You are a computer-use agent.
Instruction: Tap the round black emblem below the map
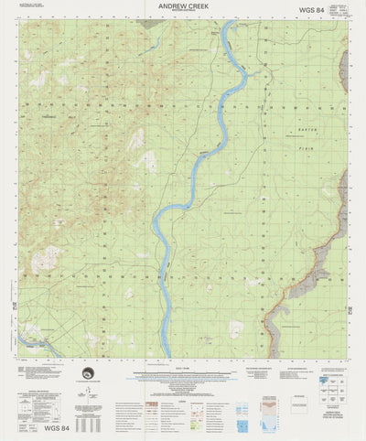(x=87, y=371)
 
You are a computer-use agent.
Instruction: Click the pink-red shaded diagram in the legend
(x=267, y=402)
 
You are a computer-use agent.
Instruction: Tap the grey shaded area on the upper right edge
(x=344, y=64)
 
